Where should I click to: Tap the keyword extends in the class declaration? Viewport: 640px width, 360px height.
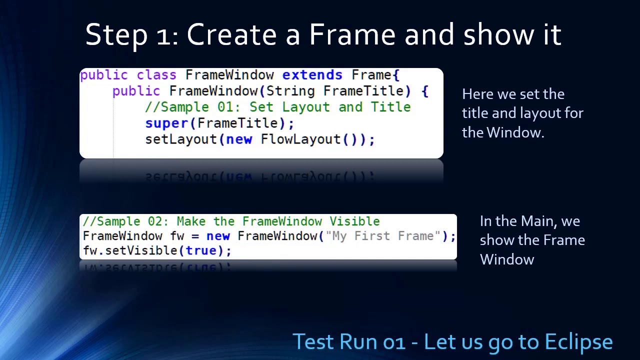pos(312,75)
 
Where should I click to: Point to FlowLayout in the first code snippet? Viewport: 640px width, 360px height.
pos(300,139)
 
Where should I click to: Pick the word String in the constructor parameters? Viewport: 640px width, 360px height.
pos(290,91)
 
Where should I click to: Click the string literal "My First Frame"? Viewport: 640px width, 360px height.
pos(383,236)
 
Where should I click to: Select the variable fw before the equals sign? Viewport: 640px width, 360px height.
pos(177,236)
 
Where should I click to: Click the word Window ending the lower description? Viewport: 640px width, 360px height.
pos(506,259)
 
